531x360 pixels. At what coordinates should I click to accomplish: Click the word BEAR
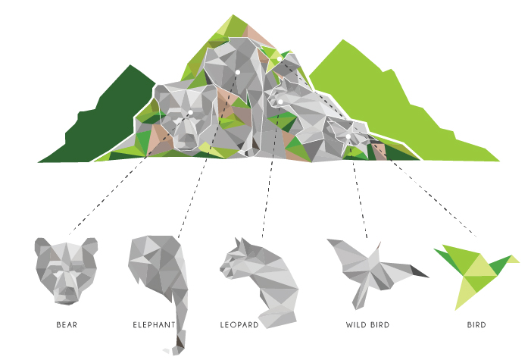coord(67,324)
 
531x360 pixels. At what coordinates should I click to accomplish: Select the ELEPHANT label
coord(154,324)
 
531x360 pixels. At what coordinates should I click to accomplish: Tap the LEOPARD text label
coord(239,324)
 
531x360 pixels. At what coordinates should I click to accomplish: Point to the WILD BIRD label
coord(368,324)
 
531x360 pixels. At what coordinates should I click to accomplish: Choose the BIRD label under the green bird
coord(476,324)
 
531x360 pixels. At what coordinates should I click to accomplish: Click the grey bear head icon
coord(66,271)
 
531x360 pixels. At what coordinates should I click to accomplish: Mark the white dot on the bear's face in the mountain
coord(190,112)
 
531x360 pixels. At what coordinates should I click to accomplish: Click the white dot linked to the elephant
coord(238,72)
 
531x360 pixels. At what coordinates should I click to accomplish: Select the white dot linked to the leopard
coord(280,102)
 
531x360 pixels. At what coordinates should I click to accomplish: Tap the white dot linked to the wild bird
coord(348,136)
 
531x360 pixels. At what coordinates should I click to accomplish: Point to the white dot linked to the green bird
coord(280,59)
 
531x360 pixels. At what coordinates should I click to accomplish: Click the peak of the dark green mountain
coord(130,65)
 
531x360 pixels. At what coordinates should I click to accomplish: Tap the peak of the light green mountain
coord(343,40)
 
